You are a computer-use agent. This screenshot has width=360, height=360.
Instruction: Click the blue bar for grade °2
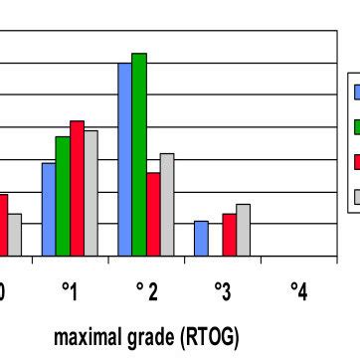point(124,159)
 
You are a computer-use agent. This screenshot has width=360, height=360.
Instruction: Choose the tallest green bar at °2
point(139,154)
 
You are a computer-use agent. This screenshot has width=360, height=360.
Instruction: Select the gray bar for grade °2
point(167,204)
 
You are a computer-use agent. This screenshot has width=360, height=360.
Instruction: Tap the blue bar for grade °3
point(201,238)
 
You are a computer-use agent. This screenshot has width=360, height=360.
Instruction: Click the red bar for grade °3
point(229,235)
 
